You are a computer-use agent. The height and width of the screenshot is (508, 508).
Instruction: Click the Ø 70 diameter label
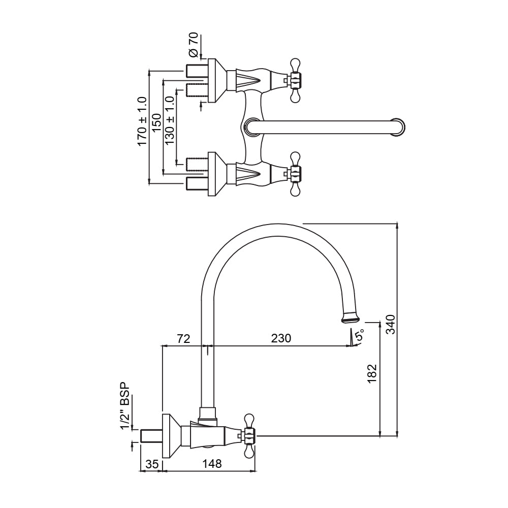tap(194, 45)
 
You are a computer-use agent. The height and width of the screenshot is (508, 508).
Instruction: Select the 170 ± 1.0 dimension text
tap(142, 122)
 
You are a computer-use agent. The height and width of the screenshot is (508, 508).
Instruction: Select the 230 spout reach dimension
tap(280, 338)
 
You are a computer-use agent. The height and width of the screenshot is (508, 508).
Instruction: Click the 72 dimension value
tap(183, 338)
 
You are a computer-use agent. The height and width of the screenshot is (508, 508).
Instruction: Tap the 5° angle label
tap(360, 336)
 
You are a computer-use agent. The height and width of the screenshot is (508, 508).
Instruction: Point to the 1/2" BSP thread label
tap(125, 406)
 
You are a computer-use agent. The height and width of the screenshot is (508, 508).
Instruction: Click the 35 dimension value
tap(151, 464)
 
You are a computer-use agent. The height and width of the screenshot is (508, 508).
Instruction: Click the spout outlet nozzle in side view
tap(350, 317)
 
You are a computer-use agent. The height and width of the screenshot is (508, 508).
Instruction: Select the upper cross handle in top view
tap(295, 79)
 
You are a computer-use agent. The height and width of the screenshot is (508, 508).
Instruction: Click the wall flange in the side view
tap(169, 435)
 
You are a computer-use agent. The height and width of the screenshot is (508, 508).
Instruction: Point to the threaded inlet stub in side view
tap(151, 435)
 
